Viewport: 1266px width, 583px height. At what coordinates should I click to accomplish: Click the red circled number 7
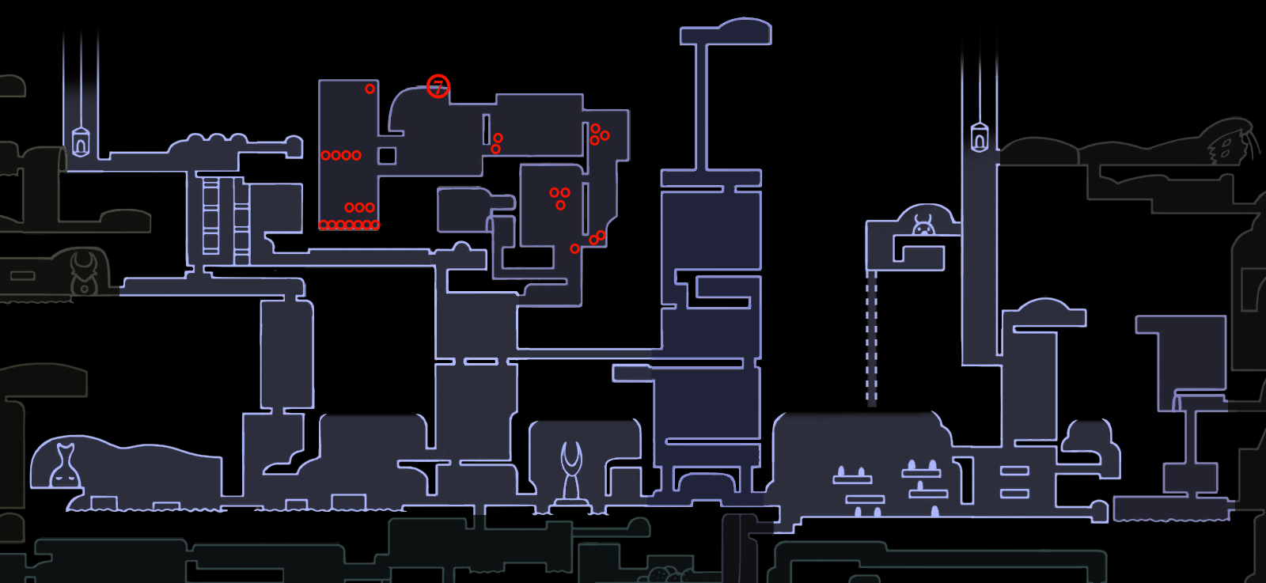(438, 86)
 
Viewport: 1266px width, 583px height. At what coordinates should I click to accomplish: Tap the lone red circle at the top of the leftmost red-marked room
(370, 89)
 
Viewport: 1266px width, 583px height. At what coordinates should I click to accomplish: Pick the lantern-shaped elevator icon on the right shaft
(980, 138)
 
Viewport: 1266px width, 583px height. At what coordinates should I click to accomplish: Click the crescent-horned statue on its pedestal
(571, 475)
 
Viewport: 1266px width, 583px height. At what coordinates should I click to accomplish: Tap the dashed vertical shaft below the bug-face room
(871, 336)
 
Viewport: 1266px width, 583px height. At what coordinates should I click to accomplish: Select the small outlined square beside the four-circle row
(387, 156)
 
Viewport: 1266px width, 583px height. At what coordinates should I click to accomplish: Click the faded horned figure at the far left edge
(84, 273)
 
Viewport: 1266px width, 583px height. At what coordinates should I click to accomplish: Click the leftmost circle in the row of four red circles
(325, 155)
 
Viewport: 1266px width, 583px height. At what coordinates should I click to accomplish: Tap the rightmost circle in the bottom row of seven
(375, 225)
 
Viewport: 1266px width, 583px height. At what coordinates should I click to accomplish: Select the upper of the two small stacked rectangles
(1014, 471)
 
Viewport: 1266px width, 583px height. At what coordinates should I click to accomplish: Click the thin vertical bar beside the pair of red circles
(487, 129)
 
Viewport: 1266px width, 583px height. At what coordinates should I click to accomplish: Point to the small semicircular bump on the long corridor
(461, 248)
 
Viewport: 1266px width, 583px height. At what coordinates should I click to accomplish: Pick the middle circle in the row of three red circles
(359, 207)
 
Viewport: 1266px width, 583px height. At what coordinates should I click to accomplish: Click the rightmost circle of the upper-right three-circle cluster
(605, 135)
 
